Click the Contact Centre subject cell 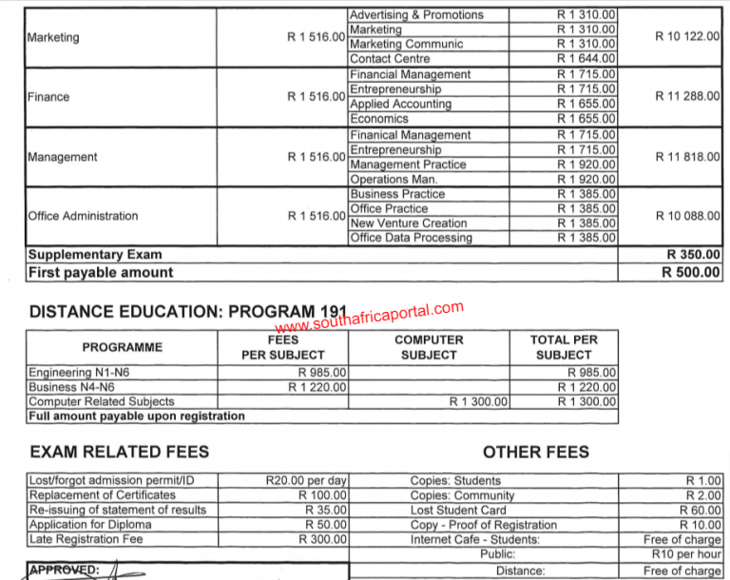point(390,59)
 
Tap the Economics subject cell point(379,119)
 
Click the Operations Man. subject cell point(394,180)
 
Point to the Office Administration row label point(83,216)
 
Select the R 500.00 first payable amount point(691,273)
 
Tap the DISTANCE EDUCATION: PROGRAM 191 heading point(189,312)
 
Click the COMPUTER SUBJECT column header point(429,347)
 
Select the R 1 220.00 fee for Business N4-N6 point(317,387)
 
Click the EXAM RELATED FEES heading point(120,452)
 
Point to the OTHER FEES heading point(535,452)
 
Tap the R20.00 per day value point(306,481)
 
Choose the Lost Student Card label point(458,511)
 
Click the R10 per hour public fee point(686,554)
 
